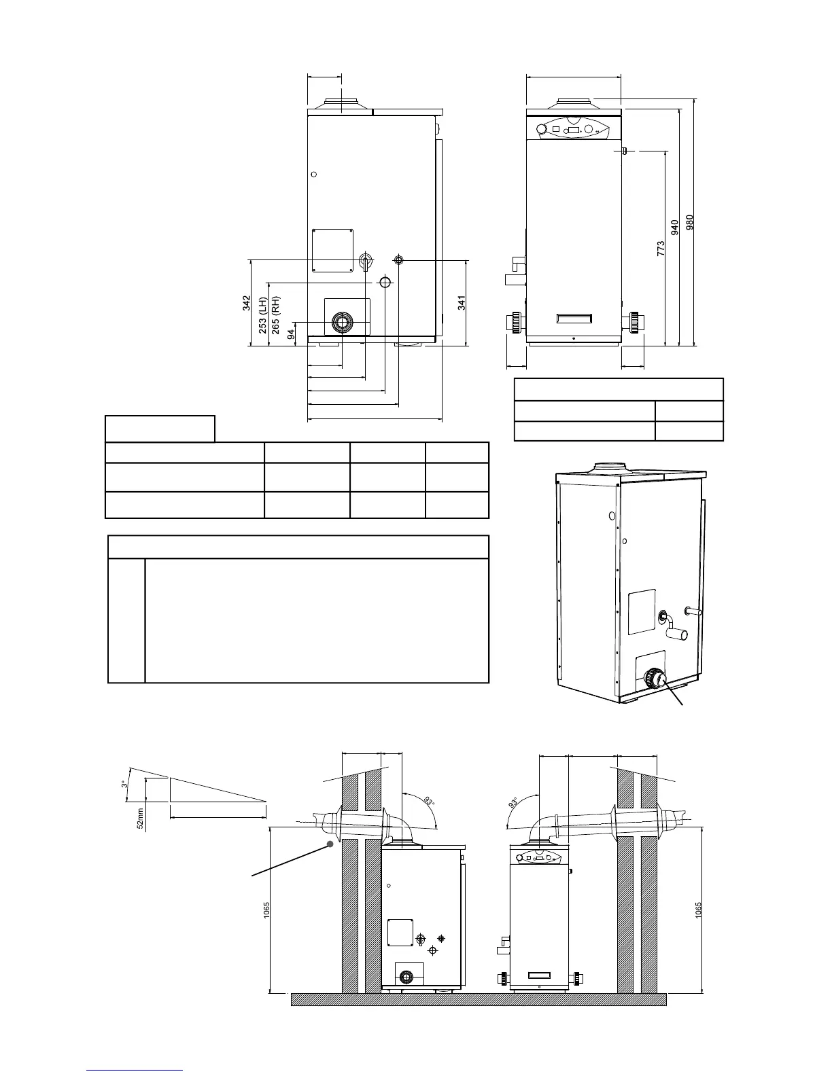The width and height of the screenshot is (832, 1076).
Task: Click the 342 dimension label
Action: [247, 303]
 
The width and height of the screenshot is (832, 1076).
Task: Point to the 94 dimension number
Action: [291, 334]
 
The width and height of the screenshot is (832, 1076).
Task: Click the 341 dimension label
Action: [462, 302]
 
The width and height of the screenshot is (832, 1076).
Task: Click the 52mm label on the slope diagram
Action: [140, 817]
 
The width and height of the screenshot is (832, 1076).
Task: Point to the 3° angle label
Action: [124, 783]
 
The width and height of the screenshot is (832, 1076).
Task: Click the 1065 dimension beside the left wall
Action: [266, 910]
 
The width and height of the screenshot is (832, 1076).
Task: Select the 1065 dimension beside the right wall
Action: [699, 910]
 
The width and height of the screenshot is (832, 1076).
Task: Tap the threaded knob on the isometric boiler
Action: [653, 678]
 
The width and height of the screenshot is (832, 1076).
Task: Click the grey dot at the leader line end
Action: [331, 844]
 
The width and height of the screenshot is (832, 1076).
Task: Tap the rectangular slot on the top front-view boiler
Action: [574, 318]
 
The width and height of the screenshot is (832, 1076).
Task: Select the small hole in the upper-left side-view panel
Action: [313, 175]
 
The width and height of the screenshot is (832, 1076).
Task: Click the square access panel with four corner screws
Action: [332, 250]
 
